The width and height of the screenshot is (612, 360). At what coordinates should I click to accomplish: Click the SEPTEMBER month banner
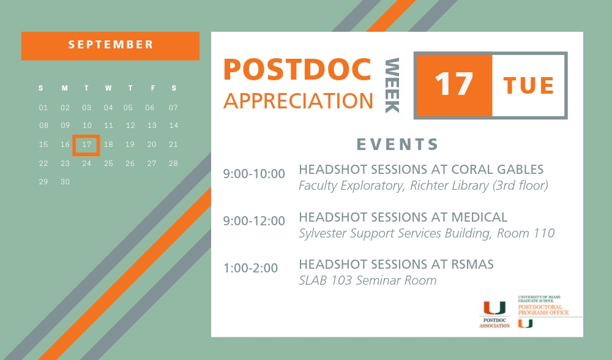coord(111,45)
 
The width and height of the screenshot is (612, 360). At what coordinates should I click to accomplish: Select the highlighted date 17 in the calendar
coord(86,145)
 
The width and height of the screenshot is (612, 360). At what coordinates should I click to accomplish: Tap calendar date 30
coord(65,182)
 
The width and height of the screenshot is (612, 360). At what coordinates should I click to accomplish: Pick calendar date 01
coord(43,108)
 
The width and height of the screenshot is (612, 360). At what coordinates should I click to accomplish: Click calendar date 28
coord(173,163)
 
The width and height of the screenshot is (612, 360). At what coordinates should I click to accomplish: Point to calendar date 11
coord(108,126)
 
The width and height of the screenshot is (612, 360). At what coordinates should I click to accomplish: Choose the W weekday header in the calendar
coord(108,89)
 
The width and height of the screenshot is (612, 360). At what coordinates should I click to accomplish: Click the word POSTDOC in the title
coord(297,69)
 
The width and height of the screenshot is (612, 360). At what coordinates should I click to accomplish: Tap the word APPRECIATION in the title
coord(298,100)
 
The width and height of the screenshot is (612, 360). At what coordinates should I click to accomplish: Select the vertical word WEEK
coord(392,86)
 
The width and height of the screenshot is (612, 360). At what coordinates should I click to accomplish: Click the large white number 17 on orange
coord(453,85)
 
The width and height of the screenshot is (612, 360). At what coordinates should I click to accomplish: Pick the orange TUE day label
coord(529,86)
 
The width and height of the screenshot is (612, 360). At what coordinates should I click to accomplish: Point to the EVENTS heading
coord(398,145)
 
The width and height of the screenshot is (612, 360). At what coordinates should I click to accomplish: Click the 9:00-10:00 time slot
coord(254,174)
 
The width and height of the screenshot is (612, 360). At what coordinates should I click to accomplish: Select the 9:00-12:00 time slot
coord(254,221)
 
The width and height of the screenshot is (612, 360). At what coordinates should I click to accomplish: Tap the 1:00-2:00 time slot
coord(250,268)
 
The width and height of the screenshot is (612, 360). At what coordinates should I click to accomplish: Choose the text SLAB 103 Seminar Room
coord(367,281)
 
